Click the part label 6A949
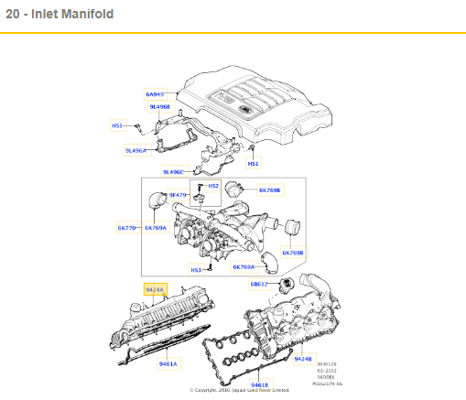pos(155,94)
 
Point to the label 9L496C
pos(173,171)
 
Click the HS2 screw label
pos(213,186)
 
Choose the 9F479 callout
pos(178,195)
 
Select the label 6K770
pos(126,227)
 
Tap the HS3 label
pos(196,270)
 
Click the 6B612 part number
pos(261,284)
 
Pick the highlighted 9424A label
pos(155,290)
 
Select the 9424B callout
pos(303,359)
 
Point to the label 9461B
pos(261,384)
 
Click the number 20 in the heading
pos(13,16)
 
